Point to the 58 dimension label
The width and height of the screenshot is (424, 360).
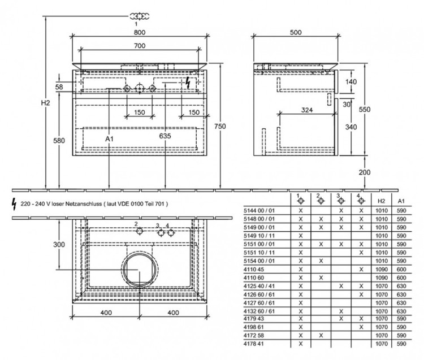click(x=59, y=86)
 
